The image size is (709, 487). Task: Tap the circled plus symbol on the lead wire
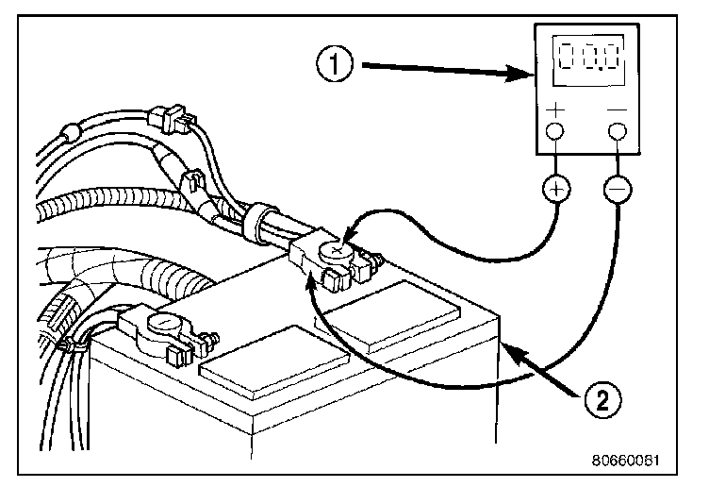(x=556, y=189)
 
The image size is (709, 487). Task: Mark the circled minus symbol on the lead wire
(x=618, y=189)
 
